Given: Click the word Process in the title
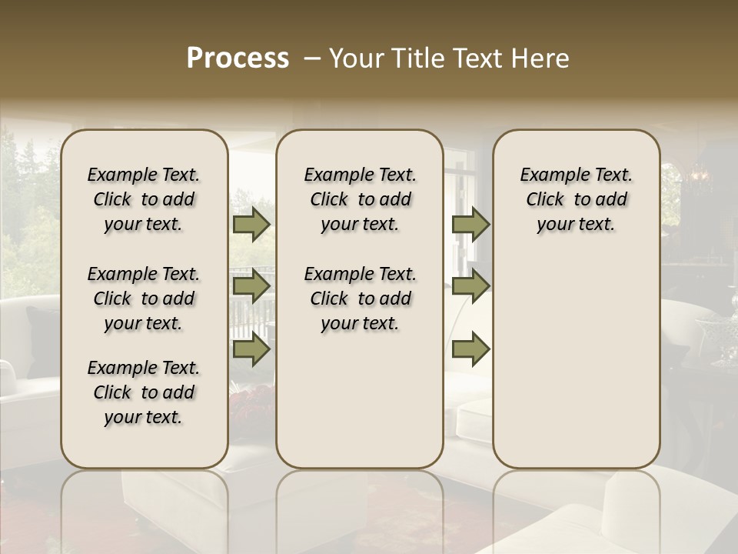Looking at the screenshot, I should (238, 58).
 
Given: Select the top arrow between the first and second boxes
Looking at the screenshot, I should (251, 225).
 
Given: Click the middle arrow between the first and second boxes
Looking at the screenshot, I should (251, 287).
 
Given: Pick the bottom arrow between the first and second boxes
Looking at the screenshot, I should (251, 349).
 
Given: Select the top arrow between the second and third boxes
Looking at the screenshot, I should (470, 225).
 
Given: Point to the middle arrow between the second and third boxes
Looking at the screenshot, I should (470, 287).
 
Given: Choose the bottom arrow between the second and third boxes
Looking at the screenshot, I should (470, 349).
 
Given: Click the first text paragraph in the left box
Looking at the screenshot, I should (144, 200).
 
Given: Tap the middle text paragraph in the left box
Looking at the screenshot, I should (144, 299).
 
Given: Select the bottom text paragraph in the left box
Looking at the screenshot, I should (144, 392).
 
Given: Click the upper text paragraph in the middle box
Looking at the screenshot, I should (360, 200).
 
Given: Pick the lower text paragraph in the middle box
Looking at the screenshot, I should (360, 299).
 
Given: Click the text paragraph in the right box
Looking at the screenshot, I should (577, 200).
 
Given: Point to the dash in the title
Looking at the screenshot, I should (312, 58).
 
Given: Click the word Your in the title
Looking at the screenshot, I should (357, 58).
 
